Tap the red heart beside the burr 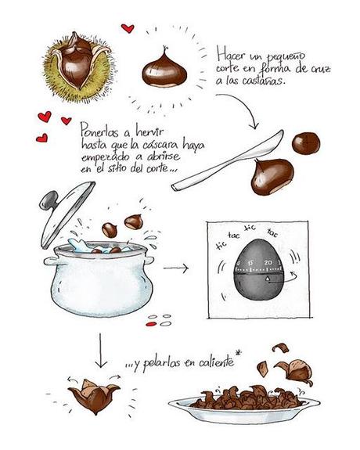tap(128, 29)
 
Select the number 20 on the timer tap(268, 262)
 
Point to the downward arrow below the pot tap(99, 353)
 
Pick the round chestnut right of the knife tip tap(306, 142)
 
